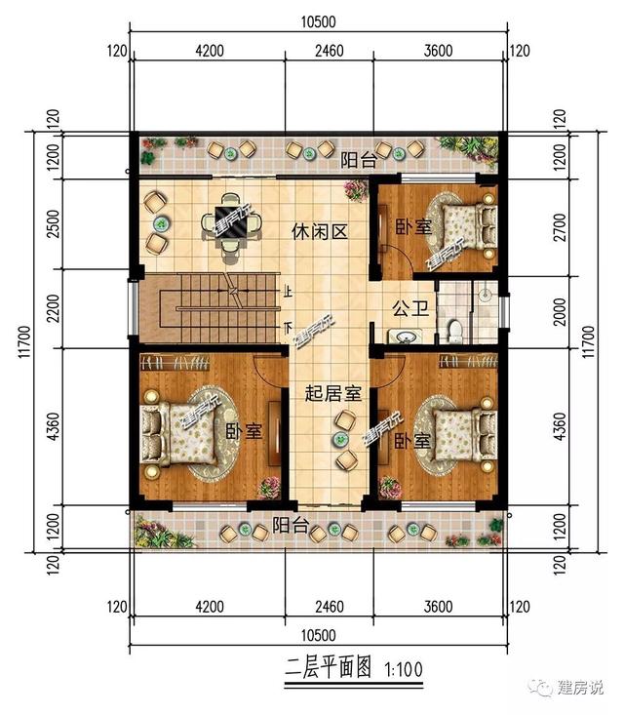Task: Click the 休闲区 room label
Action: click(321, 231)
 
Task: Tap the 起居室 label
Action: click(333, 394)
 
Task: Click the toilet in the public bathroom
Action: click(452, 331)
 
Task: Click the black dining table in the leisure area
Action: click(230, 222)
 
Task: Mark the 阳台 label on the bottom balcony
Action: click(291, 526)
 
